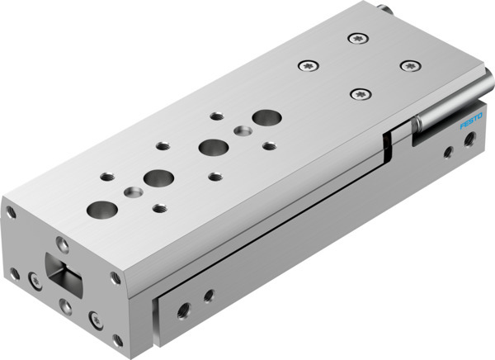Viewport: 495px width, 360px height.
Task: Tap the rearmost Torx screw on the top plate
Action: click(x=356, y=37)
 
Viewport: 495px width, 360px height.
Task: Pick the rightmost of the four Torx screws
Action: click(x=406, y=64)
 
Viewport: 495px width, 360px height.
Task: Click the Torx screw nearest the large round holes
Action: click(x=357, y=94)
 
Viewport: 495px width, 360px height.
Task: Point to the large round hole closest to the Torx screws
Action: click(x=266, y=117)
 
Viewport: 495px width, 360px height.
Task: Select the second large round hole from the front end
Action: click(x=155, y=177)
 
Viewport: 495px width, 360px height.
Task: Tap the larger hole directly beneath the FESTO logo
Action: click(x=469, y=147)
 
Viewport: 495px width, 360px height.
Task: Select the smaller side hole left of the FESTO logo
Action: click(x=446, y=152)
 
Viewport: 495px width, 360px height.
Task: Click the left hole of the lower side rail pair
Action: click(x=183, y=309)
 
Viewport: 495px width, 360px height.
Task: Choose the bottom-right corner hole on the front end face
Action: click(x=117, y=339)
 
